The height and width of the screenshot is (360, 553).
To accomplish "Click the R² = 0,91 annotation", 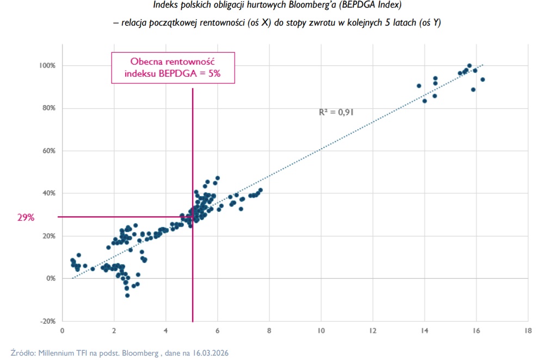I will click(x=336, y=112).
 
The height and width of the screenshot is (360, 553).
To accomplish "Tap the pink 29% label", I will click(x=26, y=217).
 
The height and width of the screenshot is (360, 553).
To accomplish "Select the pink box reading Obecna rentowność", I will click(x=173, y=68).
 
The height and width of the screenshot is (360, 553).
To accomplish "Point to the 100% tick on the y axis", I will click(x=47, y=65).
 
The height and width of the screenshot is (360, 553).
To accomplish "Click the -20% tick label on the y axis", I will click(x=47, y=321).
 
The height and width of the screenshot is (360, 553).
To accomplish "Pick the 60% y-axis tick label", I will click(x=48, y=150).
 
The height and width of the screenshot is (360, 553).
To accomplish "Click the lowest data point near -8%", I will click(x=127, y=295).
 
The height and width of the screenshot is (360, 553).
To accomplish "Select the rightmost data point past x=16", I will click(x=482, y=80).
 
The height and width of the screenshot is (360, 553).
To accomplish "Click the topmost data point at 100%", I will click(x=469, y=65).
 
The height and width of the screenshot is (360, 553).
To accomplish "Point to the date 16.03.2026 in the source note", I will click(x=209, y=353).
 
